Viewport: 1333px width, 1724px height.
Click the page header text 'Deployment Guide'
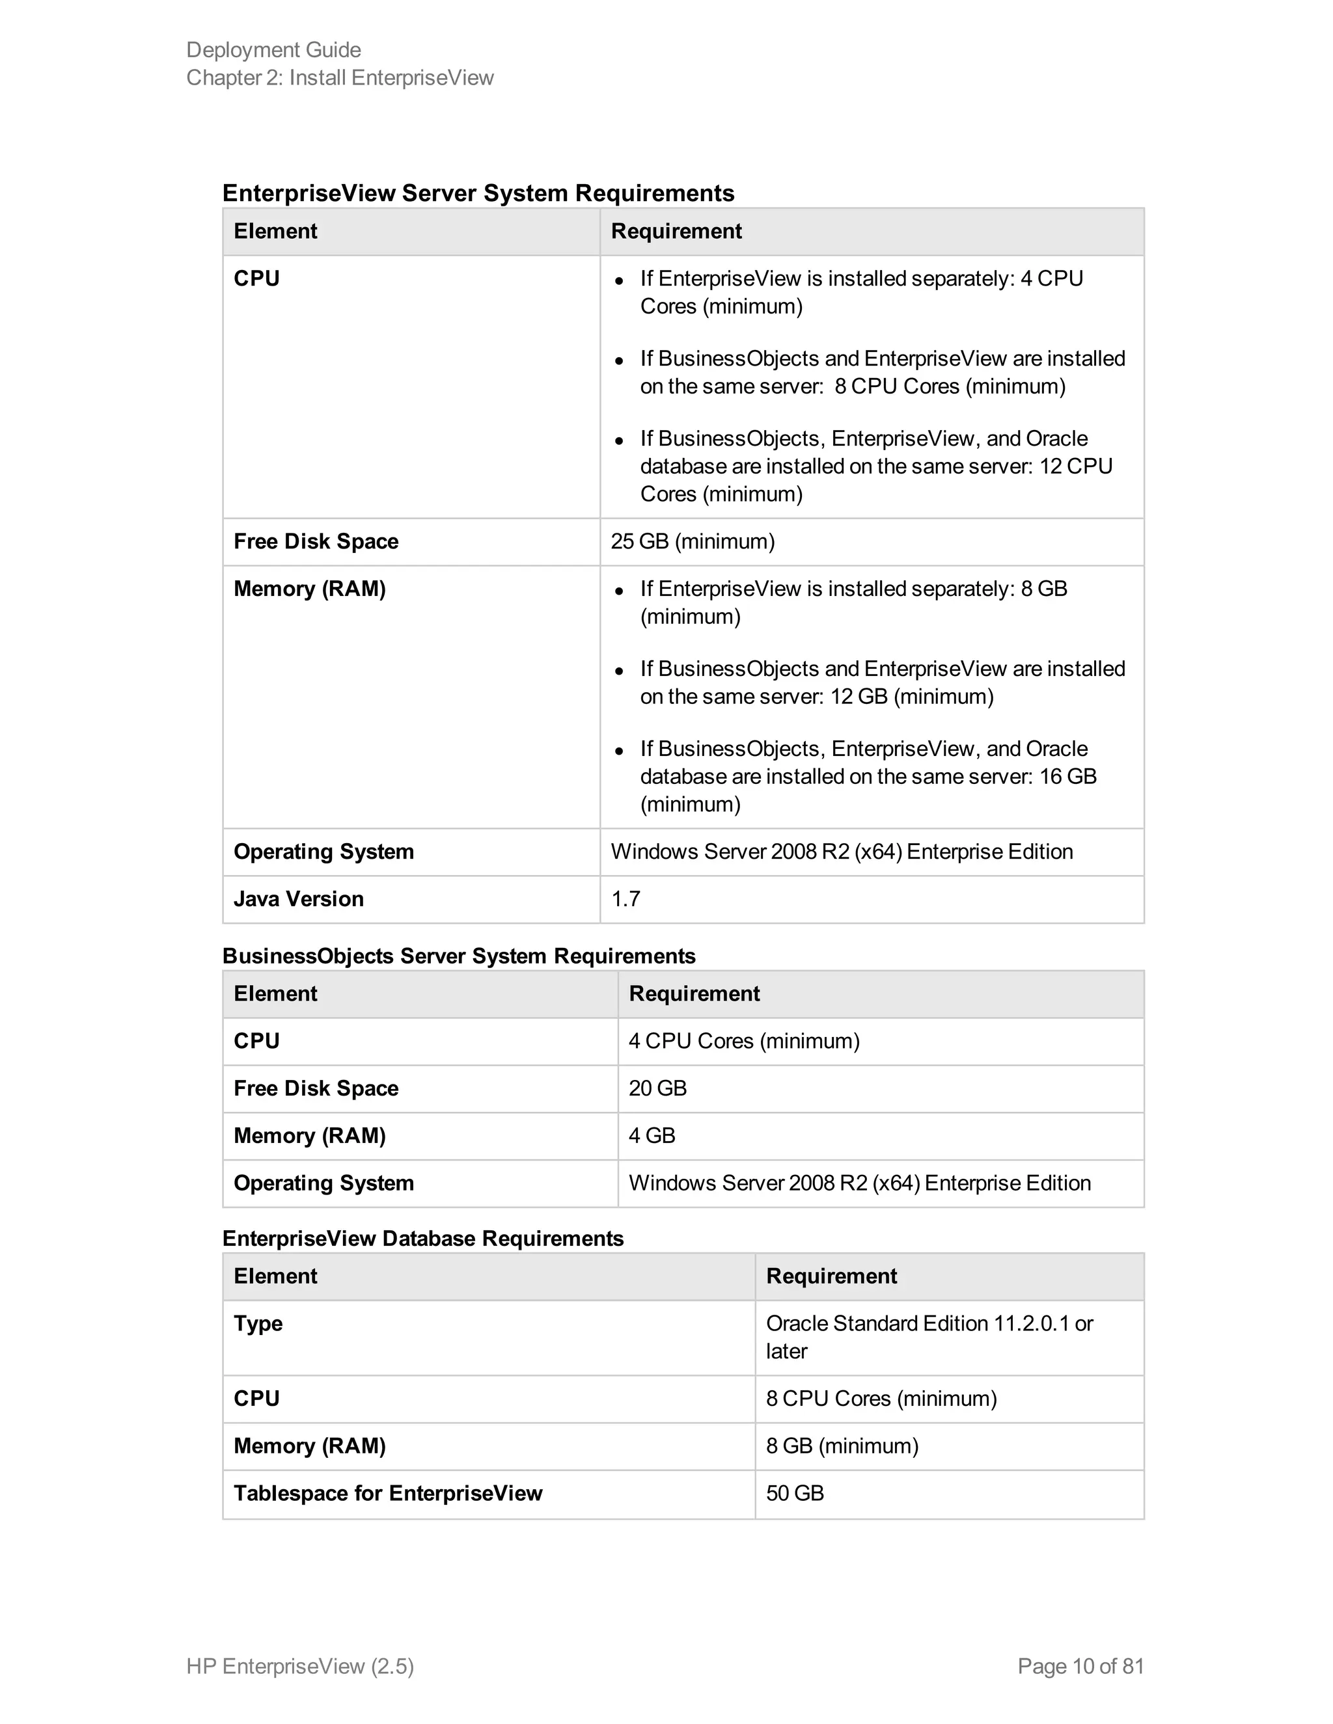[x=273, y=49]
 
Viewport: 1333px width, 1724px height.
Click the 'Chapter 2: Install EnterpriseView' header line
[x=340, y=77]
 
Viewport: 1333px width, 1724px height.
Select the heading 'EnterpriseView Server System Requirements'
[x=478, y=193]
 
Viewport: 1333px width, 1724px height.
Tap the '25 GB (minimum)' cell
[x=693, y=541]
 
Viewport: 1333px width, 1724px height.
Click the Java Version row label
[x=299, y=899]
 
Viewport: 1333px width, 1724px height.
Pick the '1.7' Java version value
[x=625, y=899]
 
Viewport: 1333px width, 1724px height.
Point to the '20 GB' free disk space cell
[x=657, y=1088]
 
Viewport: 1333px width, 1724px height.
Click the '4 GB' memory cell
[x=652, y=1136]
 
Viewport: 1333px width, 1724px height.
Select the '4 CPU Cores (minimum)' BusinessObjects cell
[x=744, y=1041]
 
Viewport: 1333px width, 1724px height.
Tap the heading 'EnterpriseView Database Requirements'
[x=422, y=1239]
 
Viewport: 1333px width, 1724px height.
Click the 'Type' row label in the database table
[x=258, y=1324]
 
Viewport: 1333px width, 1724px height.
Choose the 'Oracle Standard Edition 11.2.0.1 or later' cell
[x=929, y=1337]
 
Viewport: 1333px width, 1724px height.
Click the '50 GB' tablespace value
[x=795, y=1494]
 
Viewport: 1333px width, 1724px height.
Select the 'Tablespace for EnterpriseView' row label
[x=388, y=1494]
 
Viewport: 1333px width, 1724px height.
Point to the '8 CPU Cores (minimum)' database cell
[x=881, y=1399]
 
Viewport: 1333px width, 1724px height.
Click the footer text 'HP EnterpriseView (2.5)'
[x=300, y=1665]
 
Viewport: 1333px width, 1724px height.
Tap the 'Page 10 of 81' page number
[x=1080, y=1665]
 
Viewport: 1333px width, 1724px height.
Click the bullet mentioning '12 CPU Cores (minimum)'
[x=875, y=466]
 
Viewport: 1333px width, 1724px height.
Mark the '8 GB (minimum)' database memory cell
[x=842, y=1446]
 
